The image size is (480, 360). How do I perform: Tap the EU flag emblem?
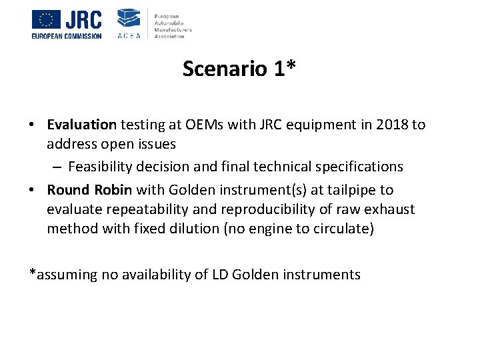[x=46, y=19]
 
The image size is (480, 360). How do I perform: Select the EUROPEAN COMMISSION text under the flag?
[x=67, y=36]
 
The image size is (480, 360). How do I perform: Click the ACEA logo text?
[x=129, y=35]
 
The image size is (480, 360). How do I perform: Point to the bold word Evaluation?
[x=82, y=125]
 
